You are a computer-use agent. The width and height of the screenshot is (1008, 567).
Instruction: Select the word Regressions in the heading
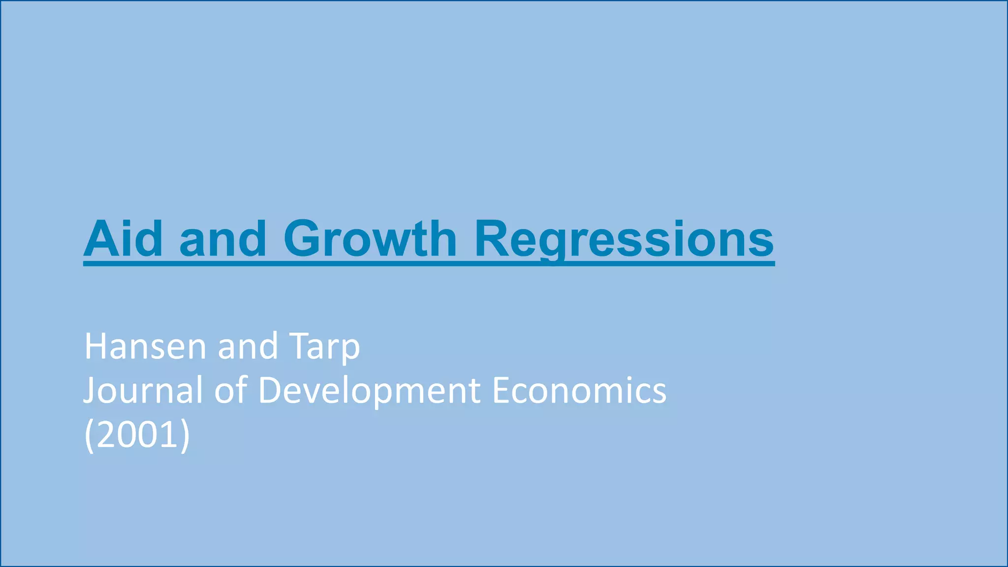point(624,240)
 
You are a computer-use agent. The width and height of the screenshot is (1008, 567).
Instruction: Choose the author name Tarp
point(325,347)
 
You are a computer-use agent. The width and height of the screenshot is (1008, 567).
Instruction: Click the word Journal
point(143,390)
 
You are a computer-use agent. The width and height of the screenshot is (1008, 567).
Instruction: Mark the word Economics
point(579,390)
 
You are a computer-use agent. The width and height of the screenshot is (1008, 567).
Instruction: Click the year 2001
point(137,435)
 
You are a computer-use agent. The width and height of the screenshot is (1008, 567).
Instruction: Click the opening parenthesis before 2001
point(89,436)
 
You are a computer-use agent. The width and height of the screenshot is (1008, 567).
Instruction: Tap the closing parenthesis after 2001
point(185,436)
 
